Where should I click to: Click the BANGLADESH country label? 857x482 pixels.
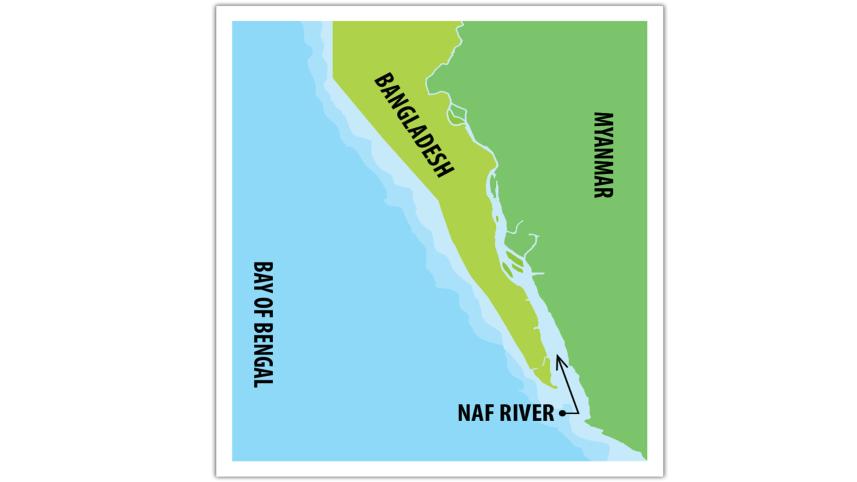click(x=413, y=125)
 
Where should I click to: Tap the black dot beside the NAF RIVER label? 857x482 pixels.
click(x=564, y=412)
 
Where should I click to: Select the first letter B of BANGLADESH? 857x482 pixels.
click(x=380, y=79)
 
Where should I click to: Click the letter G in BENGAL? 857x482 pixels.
click(x=262, y=356)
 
